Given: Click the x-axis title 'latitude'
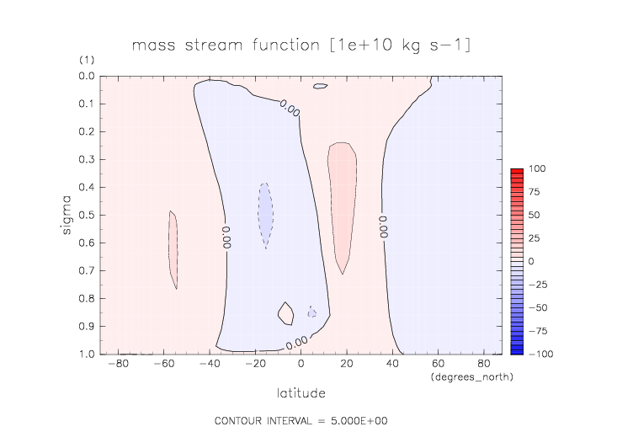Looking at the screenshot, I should [301, 392].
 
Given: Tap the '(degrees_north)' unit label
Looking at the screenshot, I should [471, 376].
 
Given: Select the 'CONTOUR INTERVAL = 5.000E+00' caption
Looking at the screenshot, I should [301, 420].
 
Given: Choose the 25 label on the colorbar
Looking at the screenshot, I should [535, 238].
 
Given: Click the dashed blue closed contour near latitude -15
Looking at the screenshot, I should [265, 215].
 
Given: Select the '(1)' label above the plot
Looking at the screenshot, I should [87, 61].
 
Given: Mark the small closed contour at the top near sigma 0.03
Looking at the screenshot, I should [320, 86].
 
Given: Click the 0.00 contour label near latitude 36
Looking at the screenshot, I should [383, 226].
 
